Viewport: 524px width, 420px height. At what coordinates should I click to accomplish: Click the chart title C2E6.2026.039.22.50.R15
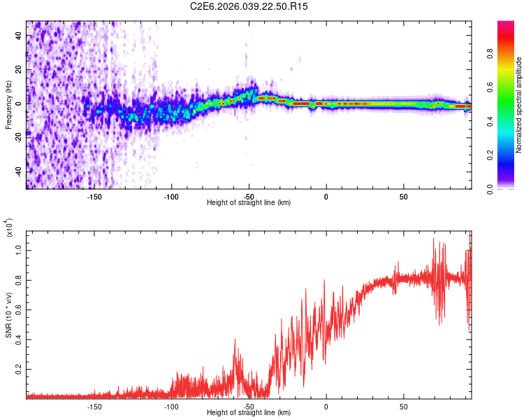tap(249, 6)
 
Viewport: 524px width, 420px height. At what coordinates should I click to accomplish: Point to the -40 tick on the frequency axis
tap(17, 171)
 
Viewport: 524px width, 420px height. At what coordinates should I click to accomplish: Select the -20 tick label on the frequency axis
tap(17, 137)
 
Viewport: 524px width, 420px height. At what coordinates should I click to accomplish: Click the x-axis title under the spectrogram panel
tap(249, 202)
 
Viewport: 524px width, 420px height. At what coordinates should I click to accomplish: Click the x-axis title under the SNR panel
tap(249, 412)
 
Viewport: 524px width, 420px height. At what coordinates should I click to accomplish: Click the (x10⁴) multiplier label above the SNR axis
tap(10, 227)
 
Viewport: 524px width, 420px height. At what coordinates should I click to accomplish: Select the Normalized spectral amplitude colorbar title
tap(519, 105)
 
